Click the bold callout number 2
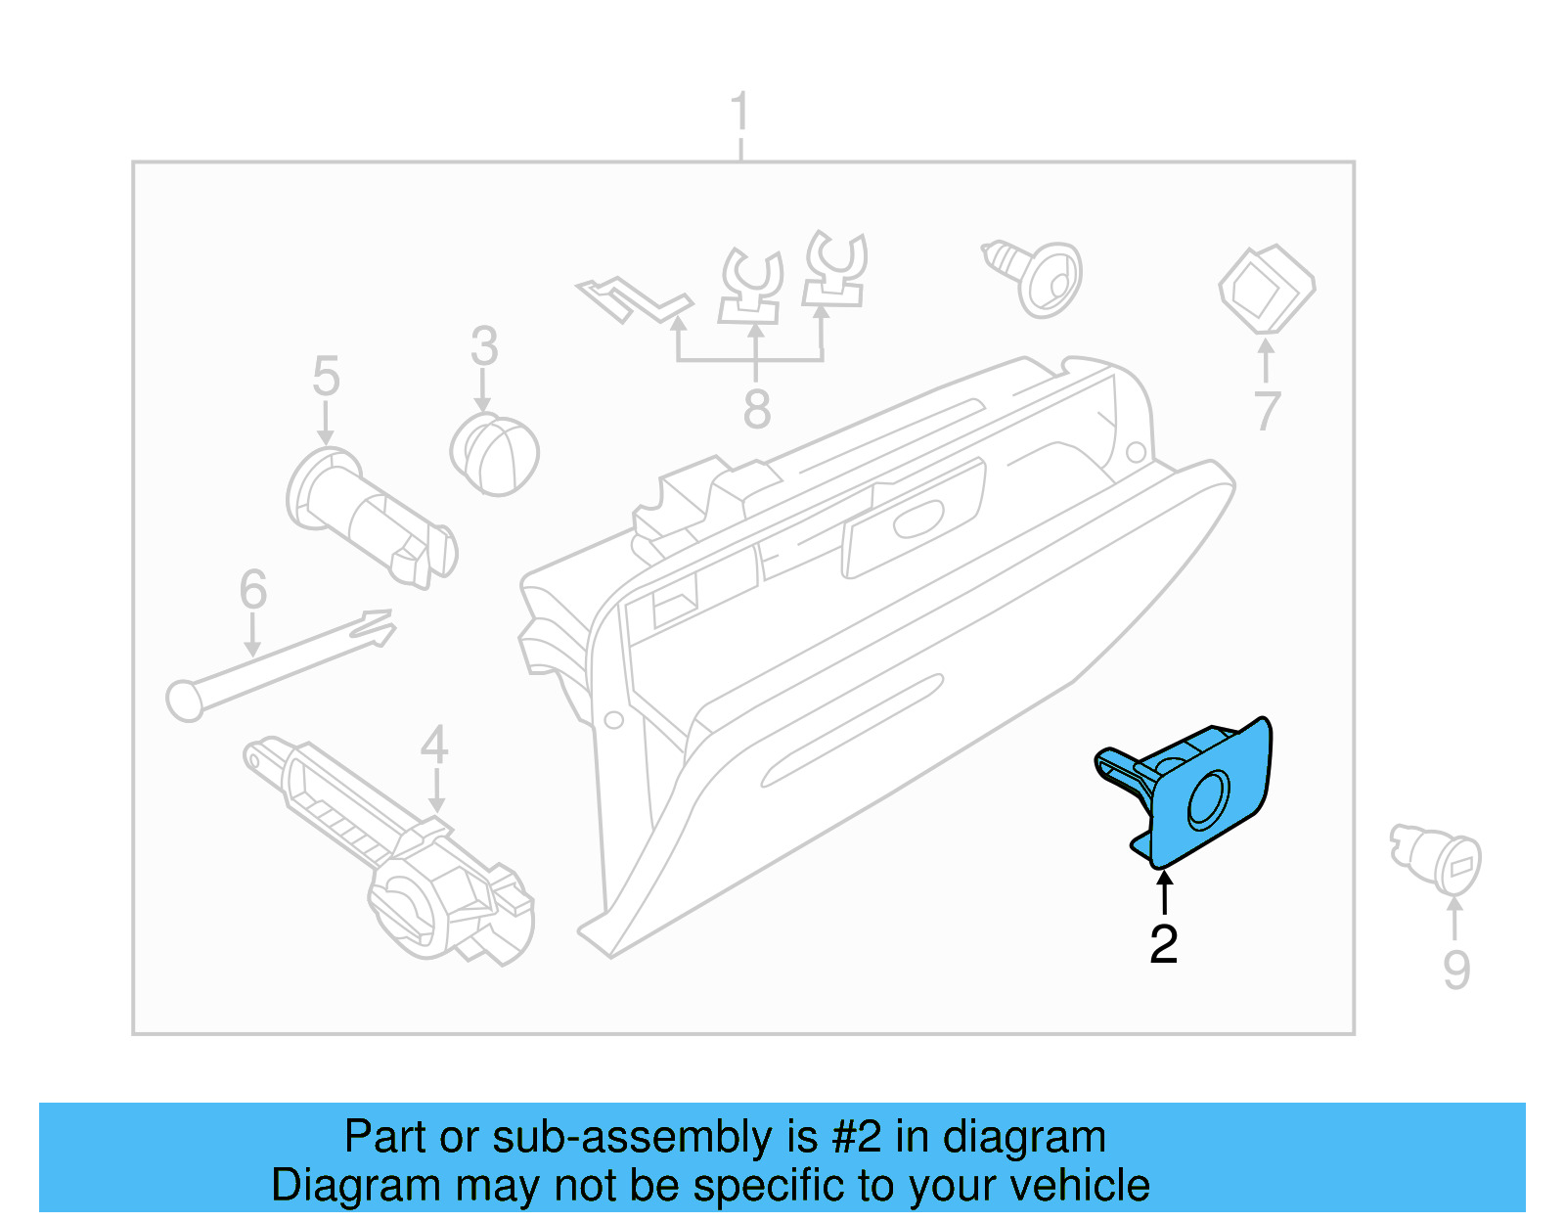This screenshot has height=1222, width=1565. [x=1163, y=944]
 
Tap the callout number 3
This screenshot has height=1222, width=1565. [x=484, y=346]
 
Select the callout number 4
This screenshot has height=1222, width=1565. [x=434, y=746]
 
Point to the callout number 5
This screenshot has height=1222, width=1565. [x=326, y=377]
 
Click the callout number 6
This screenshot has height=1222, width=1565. [x=252, y=590]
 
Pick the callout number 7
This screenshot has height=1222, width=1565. [x=1267, y=411]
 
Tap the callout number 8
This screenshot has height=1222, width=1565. [x=756, y=409]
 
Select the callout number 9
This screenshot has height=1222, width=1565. [x=1455, y=970]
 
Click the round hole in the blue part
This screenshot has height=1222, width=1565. [x=1209, y=799]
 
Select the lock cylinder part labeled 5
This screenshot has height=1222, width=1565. [x=372, y=519]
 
